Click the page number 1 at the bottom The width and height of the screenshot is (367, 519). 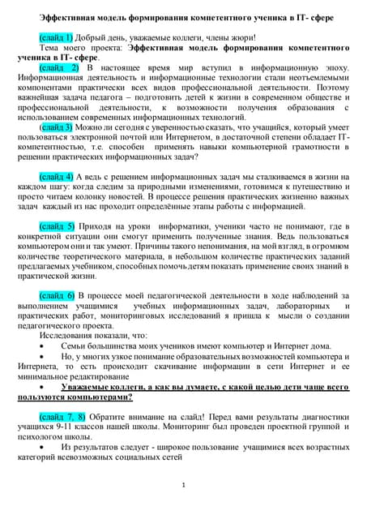pyautogui.click(x=184, y=485)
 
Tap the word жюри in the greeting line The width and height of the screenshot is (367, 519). pyautogui.click(x=237, y=37)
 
